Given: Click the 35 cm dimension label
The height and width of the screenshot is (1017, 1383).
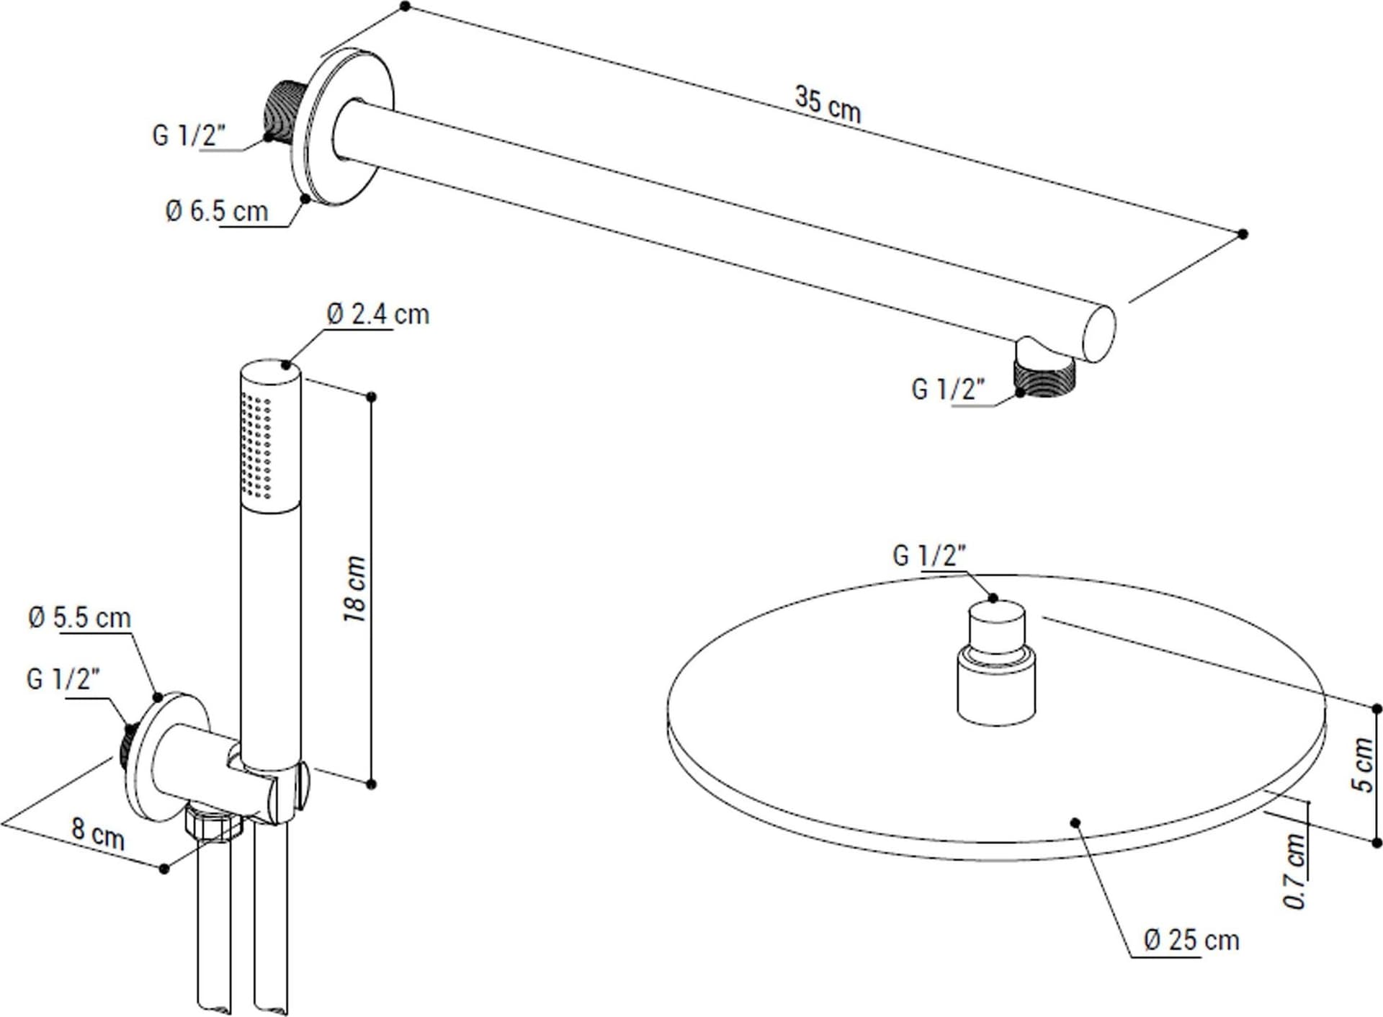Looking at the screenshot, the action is click(x=828, y=104).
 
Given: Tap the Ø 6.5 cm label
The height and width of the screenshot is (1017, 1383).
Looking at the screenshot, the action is click(x=216, y=211).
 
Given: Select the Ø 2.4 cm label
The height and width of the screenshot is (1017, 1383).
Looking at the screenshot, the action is click(x=377, y=314).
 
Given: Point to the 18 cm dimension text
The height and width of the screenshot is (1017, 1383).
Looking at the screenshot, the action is click(x=354, y=589).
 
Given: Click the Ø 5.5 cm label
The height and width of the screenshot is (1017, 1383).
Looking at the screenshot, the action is click(x=79, y=618).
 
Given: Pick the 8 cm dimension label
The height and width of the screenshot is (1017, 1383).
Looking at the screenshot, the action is click(x=98, y=833).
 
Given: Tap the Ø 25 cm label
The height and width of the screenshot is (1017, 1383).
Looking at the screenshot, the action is click(x=1191, y=940).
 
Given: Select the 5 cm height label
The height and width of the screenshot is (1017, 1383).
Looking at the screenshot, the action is click(x=1364, y=764).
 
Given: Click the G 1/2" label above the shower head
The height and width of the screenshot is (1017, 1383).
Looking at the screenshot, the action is click(x=929, y=555).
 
